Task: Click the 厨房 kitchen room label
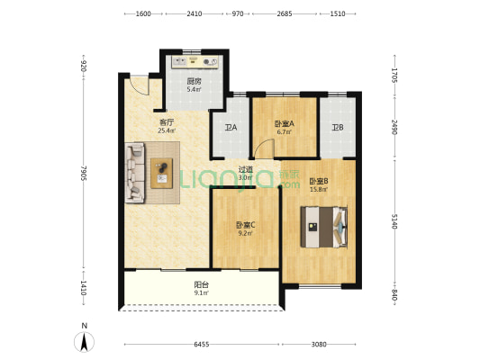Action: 194,81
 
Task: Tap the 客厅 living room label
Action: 167,122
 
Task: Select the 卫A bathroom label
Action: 231,127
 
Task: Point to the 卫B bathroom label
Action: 338,127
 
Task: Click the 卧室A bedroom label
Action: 284,123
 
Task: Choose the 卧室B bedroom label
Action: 319,181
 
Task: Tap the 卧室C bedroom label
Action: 246,225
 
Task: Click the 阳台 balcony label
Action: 202,284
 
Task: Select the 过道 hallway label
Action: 246,169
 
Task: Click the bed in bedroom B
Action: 324,227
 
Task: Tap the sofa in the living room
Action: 135,173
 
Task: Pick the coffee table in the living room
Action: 161,173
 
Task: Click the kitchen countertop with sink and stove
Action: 195,62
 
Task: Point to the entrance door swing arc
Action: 140,89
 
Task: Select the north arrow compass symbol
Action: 84,341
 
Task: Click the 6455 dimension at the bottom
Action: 202,345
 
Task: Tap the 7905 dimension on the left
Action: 84,173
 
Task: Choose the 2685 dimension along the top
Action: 285,13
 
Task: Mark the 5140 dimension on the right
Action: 394,220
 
